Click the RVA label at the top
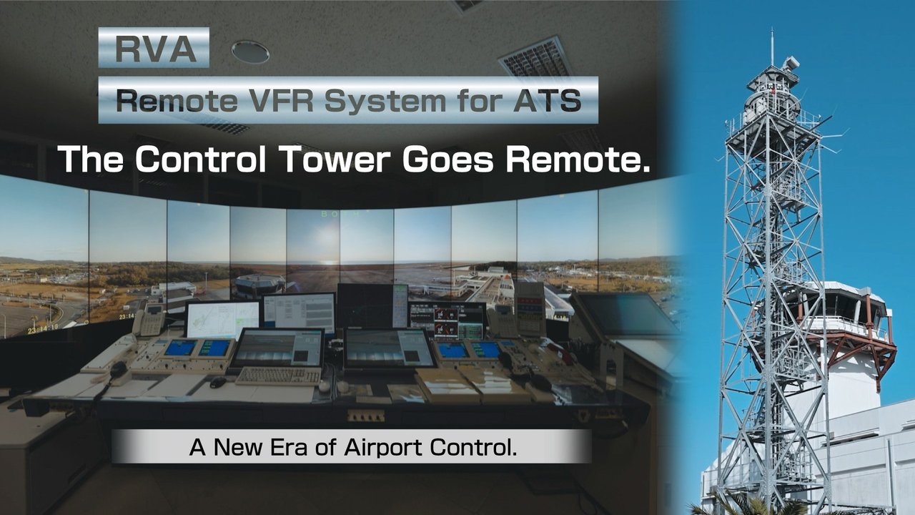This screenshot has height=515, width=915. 154,48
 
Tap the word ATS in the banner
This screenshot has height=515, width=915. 548,100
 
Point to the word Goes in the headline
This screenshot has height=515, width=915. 448,159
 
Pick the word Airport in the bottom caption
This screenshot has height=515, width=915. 382,448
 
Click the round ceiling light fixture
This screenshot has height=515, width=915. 250,52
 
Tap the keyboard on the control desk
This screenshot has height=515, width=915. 279,376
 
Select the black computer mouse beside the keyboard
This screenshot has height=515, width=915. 218,382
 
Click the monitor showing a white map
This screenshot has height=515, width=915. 223,320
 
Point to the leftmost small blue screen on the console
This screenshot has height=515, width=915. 180,348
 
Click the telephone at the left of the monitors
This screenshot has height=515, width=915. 150,320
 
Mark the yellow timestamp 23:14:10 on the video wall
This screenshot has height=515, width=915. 43,328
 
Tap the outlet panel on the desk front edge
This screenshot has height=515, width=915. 365,416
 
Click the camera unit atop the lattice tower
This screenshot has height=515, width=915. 790,64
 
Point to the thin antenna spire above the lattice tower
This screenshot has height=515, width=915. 772,46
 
